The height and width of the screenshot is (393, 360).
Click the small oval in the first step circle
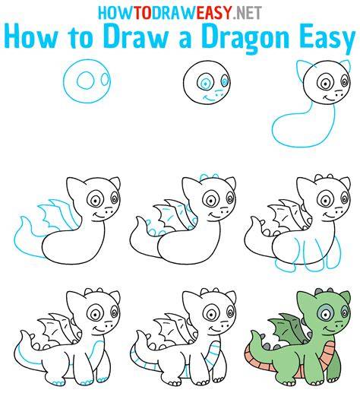point(105,79)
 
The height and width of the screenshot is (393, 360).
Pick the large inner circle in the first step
point(86,80)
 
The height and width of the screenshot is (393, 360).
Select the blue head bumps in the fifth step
point(209,176)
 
